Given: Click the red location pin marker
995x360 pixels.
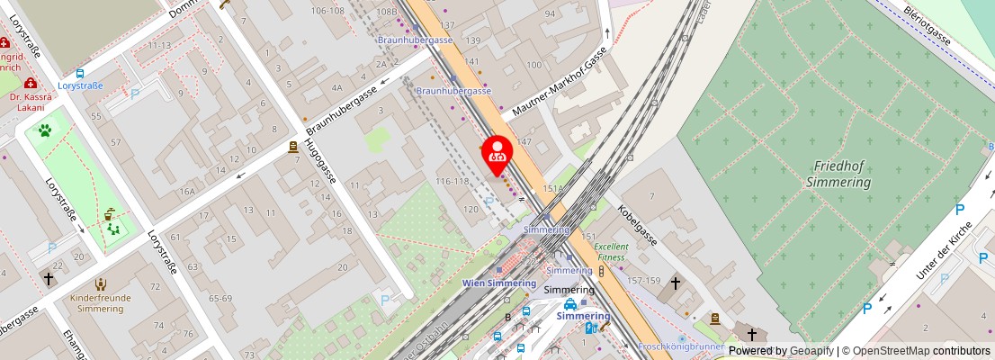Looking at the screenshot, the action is point(497,155).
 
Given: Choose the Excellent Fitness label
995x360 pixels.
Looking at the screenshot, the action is point(611,251).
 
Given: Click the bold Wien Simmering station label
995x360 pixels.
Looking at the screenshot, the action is point(499,282).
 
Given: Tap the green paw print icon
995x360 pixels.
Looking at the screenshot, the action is point(44,130).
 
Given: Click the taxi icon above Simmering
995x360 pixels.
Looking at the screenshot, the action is point(583,304).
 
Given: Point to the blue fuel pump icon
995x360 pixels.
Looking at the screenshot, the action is point(590,328).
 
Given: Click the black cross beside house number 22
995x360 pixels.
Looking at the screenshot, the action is point(49,279).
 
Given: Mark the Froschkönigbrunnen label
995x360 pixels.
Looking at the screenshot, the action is point(681,346).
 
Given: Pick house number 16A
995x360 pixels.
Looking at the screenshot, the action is point(186,191).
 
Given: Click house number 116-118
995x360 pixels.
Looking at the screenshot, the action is point(452,182).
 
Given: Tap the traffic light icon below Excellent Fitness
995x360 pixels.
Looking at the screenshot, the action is point(601,270).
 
